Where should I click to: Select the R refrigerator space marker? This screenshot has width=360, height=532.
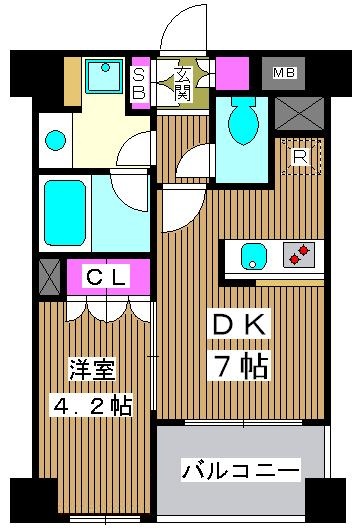(298, 156)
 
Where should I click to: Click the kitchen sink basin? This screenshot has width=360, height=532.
(252, 256)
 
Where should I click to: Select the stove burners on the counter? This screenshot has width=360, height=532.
(296, 256)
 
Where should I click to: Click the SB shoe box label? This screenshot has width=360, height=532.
(140, 83)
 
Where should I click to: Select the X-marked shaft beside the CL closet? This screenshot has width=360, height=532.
(48, 276)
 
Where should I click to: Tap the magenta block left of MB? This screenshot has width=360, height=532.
(233, 73)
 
